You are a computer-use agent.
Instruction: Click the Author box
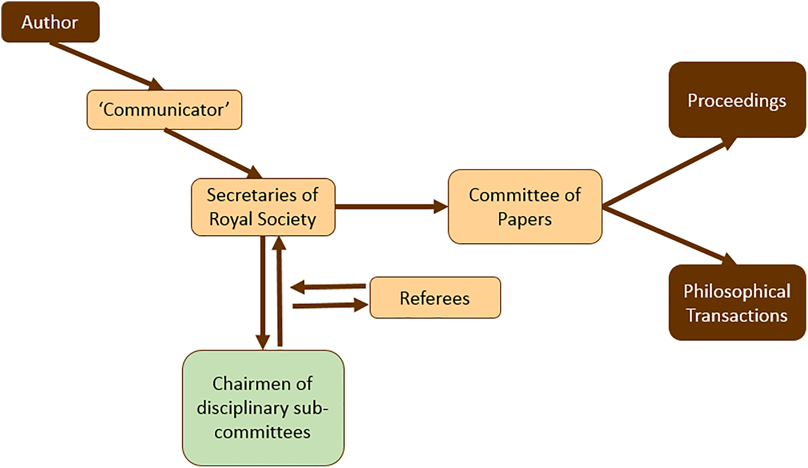click(x=50, y=22)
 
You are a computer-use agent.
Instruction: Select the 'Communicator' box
click(x=164, y=110)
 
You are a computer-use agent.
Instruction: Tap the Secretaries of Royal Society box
click(x=263, y=207)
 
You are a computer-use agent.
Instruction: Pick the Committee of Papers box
click(x=525, y=207)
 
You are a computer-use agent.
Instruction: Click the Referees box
click(x=435, y=297)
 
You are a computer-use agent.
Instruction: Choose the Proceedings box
click(x=737, y=100)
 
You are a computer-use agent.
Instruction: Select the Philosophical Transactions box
click(x=737, y=303)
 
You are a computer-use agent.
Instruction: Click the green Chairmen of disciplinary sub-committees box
click(x=263, y=408)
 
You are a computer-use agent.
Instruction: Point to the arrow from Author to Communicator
click(x=106, y=66)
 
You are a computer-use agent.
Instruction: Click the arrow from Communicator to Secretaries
click(x=213, y=154)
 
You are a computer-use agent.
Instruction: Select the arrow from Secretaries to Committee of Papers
click(x=392, y=207)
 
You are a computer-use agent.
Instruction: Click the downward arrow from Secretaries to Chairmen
click(x=263, y=293)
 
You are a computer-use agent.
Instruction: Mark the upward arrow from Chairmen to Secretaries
click(x=279, y=292)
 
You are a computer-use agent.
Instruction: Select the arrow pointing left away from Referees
click(x=328, y=287)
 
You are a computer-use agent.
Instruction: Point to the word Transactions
click(x=737, y=315)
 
